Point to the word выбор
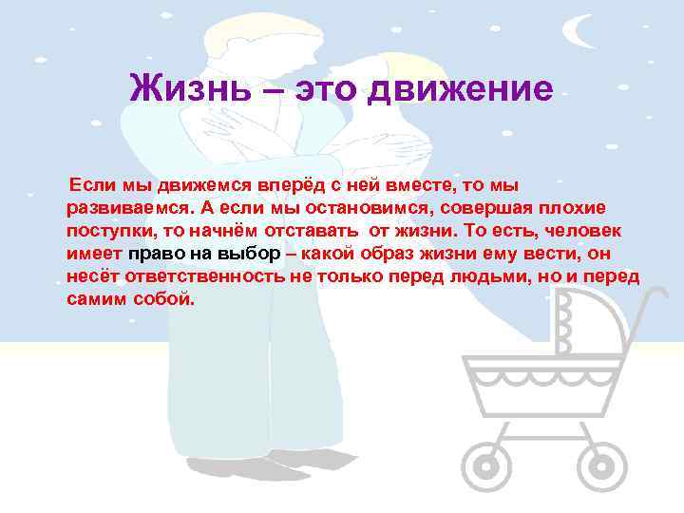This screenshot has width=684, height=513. pyautogui.click(x=250, y=254)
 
